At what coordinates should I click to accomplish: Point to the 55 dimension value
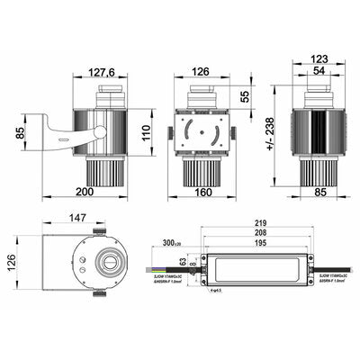pyautogui.click(x=246, y=95)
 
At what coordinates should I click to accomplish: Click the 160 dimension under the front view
pyautogui.click(x=202, y=192)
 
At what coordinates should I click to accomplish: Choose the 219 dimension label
pyautogui.click(x=261, y=222)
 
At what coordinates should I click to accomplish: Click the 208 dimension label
pyautogui.click(x=261, y=232)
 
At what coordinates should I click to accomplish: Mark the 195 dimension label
pyautogui.click(x=261, y=243)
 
